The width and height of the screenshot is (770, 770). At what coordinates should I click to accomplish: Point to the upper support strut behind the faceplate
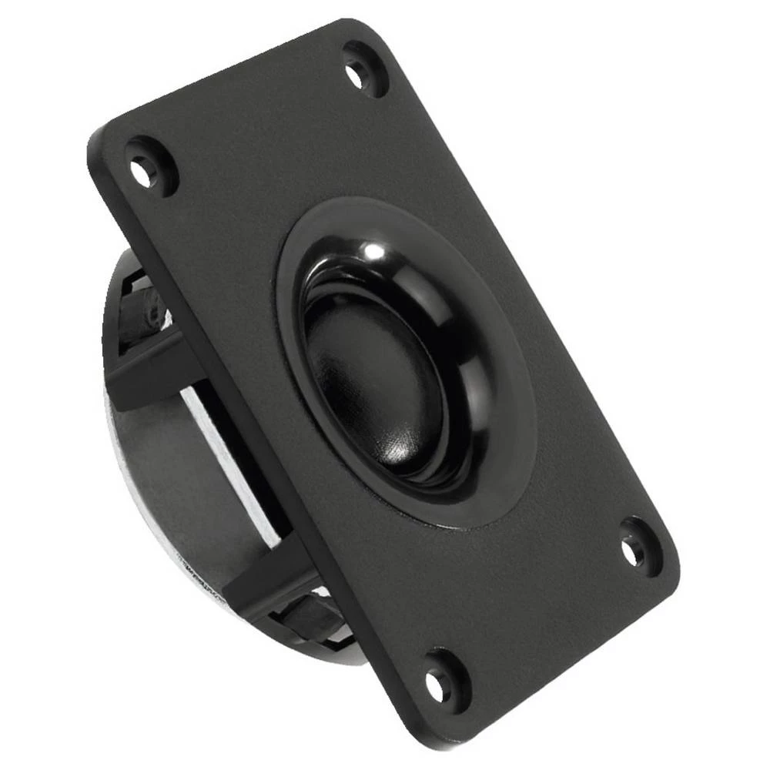(x=154, y=370)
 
